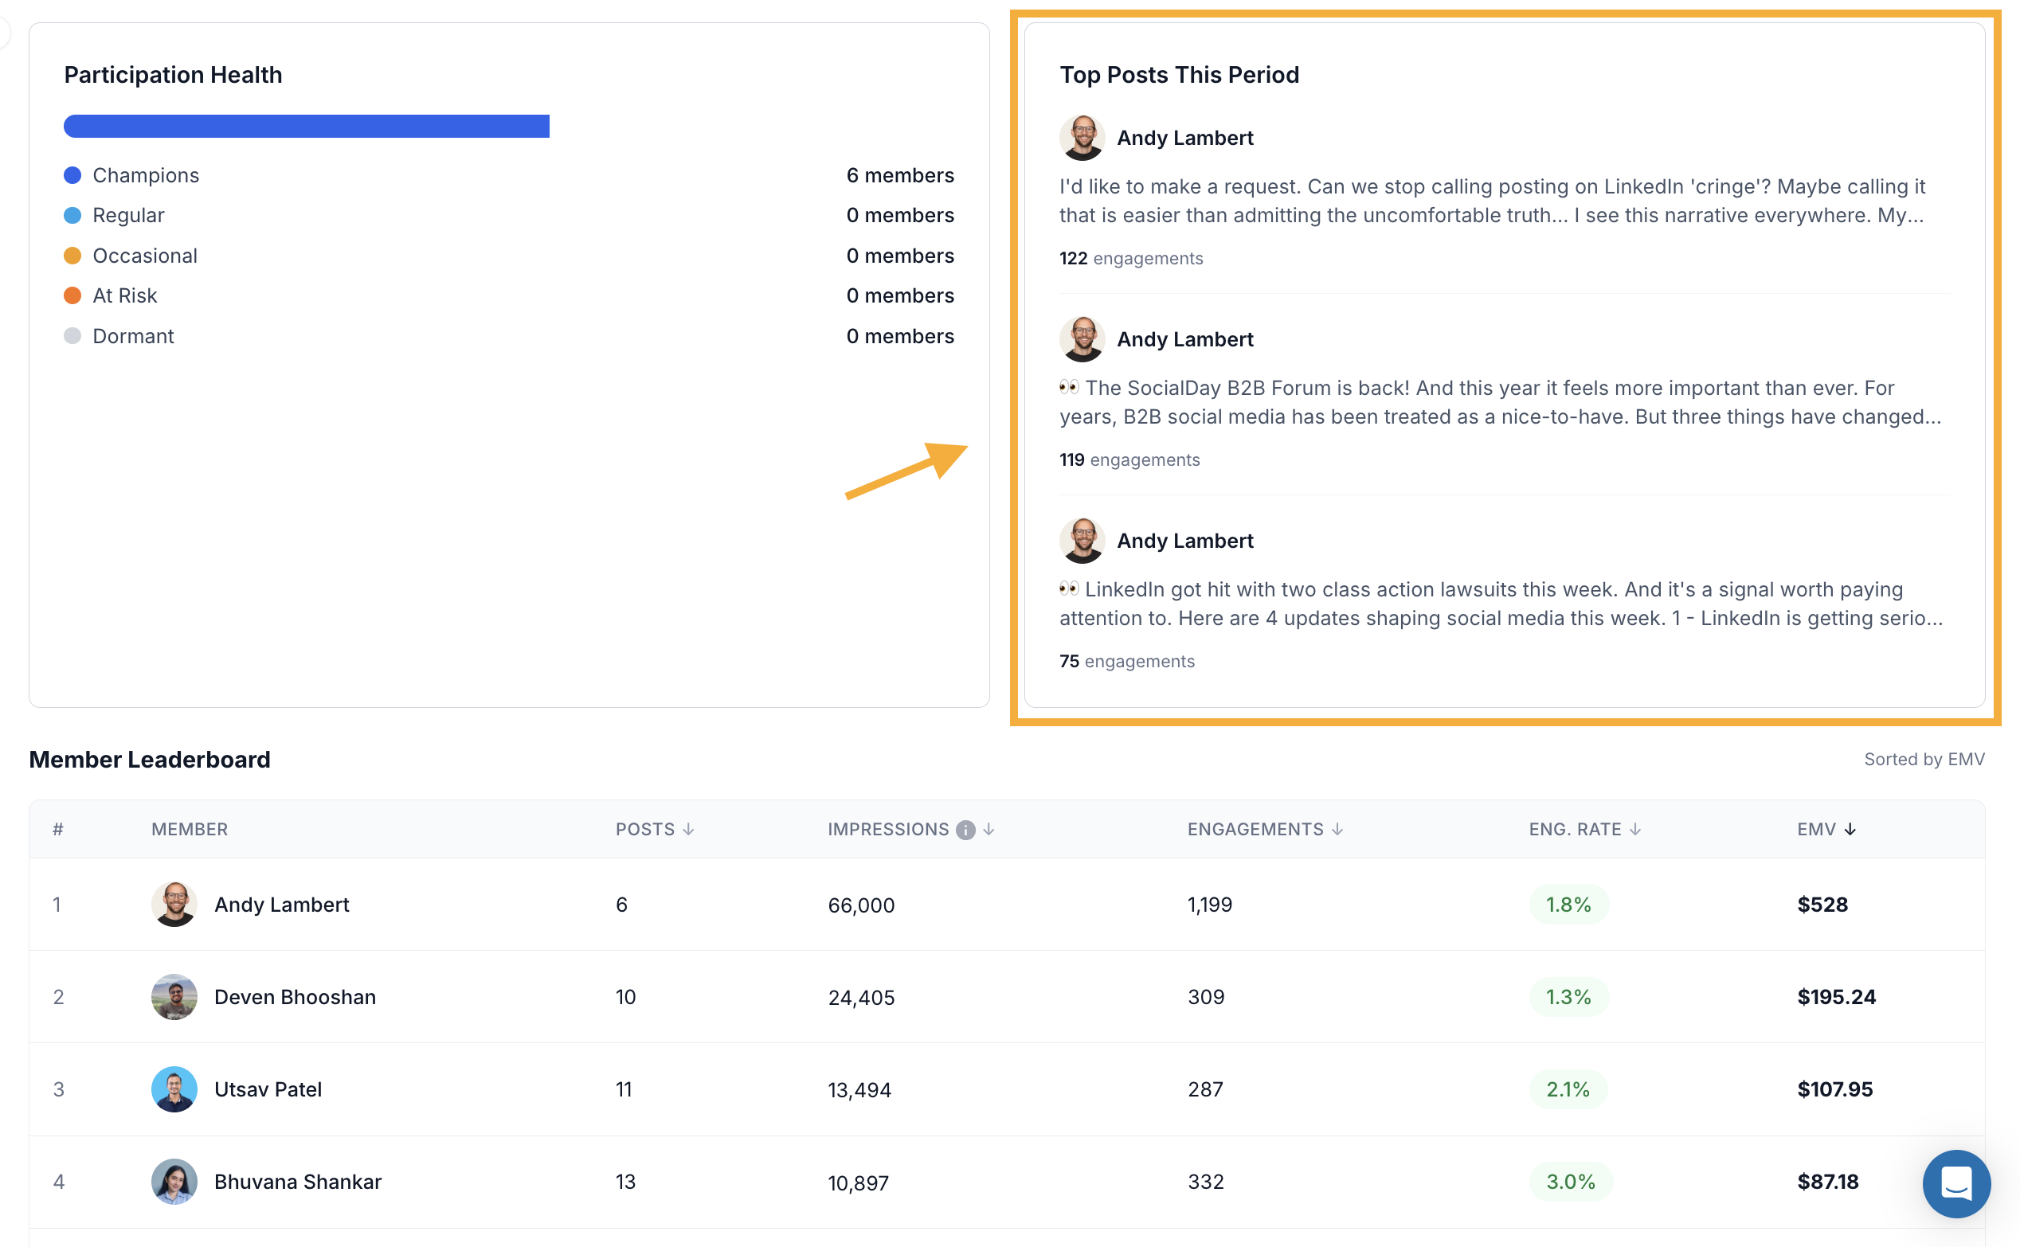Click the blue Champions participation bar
(307, 126)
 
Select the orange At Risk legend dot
(72, 295)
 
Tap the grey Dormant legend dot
(72, 336)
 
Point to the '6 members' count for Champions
(900, 175)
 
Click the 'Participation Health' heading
(173, 75)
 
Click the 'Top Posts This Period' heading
(1180, 75)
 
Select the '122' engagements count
(1073, 258)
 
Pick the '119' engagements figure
(1071, 459)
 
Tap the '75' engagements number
(1069, 661)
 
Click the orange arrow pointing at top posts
(906, 471)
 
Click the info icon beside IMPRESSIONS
(965, 830)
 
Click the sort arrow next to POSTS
(688, 829)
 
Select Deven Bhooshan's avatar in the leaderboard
(174, 996)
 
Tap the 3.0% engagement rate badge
(1571, 1181)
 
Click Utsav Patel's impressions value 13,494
(859, 1089)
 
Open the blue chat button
(1955, 1183)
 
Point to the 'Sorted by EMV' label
(1924, 759)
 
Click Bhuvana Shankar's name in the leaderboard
(298, 1181)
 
